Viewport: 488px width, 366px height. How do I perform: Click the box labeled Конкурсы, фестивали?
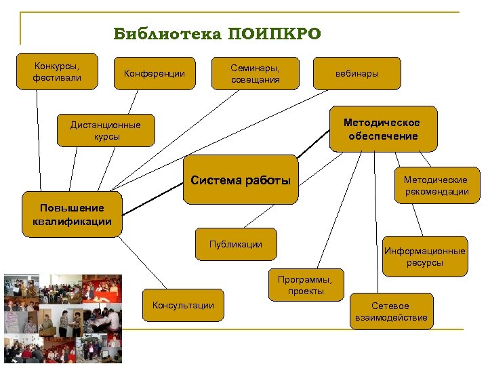(x=57, y=72)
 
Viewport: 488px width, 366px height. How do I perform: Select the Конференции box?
(x=154, y=73)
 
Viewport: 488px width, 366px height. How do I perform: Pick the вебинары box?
(x=357, y=73)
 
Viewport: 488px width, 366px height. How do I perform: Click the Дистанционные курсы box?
(x=105, y=130)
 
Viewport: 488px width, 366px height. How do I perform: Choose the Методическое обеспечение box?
(x=382, y=129)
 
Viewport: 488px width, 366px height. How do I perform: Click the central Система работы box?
(x=241, y=180)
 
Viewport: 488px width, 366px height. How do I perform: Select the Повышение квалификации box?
(x=72, y=214)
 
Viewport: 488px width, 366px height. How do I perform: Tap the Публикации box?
(x=236, y=244)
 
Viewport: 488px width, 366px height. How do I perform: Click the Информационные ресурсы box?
(x=425, y=256)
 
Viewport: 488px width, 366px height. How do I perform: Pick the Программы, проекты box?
(x=305, y=285)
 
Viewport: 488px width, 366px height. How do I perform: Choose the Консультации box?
(x=183, y=305)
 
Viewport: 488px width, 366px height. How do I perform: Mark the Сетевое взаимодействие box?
(x=390, y=312)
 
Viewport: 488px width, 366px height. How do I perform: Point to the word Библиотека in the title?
(x=167, y=34)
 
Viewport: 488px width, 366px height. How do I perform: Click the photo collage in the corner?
(x=62, y=319)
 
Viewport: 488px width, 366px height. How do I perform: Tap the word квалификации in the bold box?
(x=72, y=221)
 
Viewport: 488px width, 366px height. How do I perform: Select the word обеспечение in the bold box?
(x=383, y=136)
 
